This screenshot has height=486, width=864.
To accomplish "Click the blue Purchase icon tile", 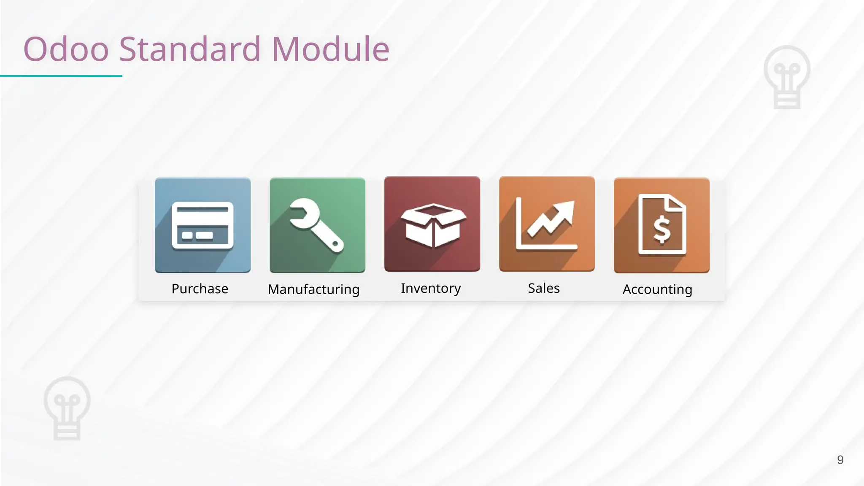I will tap(202, 225).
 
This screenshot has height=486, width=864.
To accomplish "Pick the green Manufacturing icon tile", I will tap(317, 225).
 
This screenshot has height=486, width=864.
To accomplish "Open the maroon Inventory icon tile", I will tap(432, 224).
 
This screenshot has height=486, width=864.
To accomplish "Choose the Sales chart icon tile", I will tap(547, 224).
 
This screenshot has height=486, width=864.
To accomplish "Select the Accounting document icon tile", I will tap(661, 225).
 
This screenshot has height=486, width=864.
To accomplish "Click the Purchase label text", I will tap(200, 289).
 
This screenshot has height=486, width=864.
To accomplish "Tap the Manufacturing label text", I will tap(313, 289).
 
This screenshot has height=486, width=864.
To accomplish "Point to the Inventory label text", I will tap(430, 288).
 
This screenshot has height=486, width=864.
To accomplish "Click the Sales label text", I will tap(544, 288).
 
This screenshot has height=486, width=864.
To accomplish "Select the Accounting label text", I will tap(657, 289).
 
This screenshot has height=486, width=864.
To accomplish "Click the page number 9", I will tap(840, 460).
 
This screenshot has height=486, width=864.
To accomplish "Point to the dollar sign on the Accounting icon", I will tap(661, 229).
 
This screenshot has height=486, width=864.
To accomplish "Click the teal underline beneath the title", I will tap(61, 76).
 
